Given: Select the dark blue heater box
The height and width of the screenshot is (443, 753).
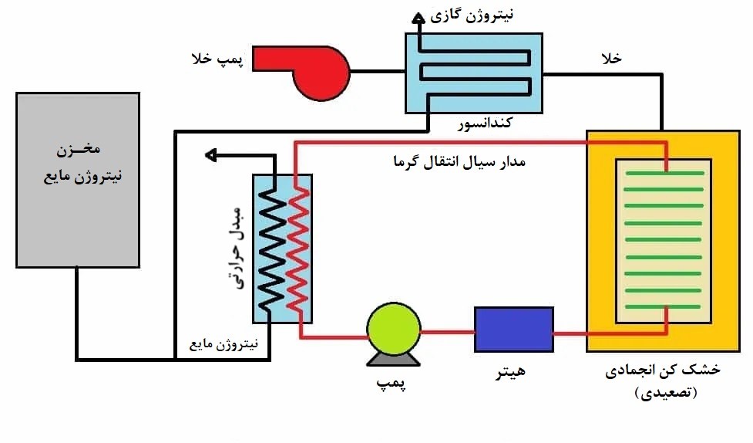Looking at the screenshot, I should [513, 330].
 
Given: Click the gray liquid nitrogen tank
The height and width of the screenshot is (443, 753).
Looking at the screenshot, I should [78, 180].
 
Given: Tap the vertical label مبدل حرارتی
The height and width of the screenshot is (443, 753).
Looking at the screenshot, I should [237, 248].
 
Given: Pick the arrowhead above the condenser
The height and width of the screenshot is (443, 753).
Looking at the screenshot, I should [417, 17].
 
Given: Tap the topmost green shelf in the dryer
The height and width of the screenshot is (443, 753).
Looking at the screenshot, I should [664, 174].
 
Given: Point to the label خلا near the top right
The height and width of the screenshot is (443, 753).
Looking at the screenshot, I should [611, 59].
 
